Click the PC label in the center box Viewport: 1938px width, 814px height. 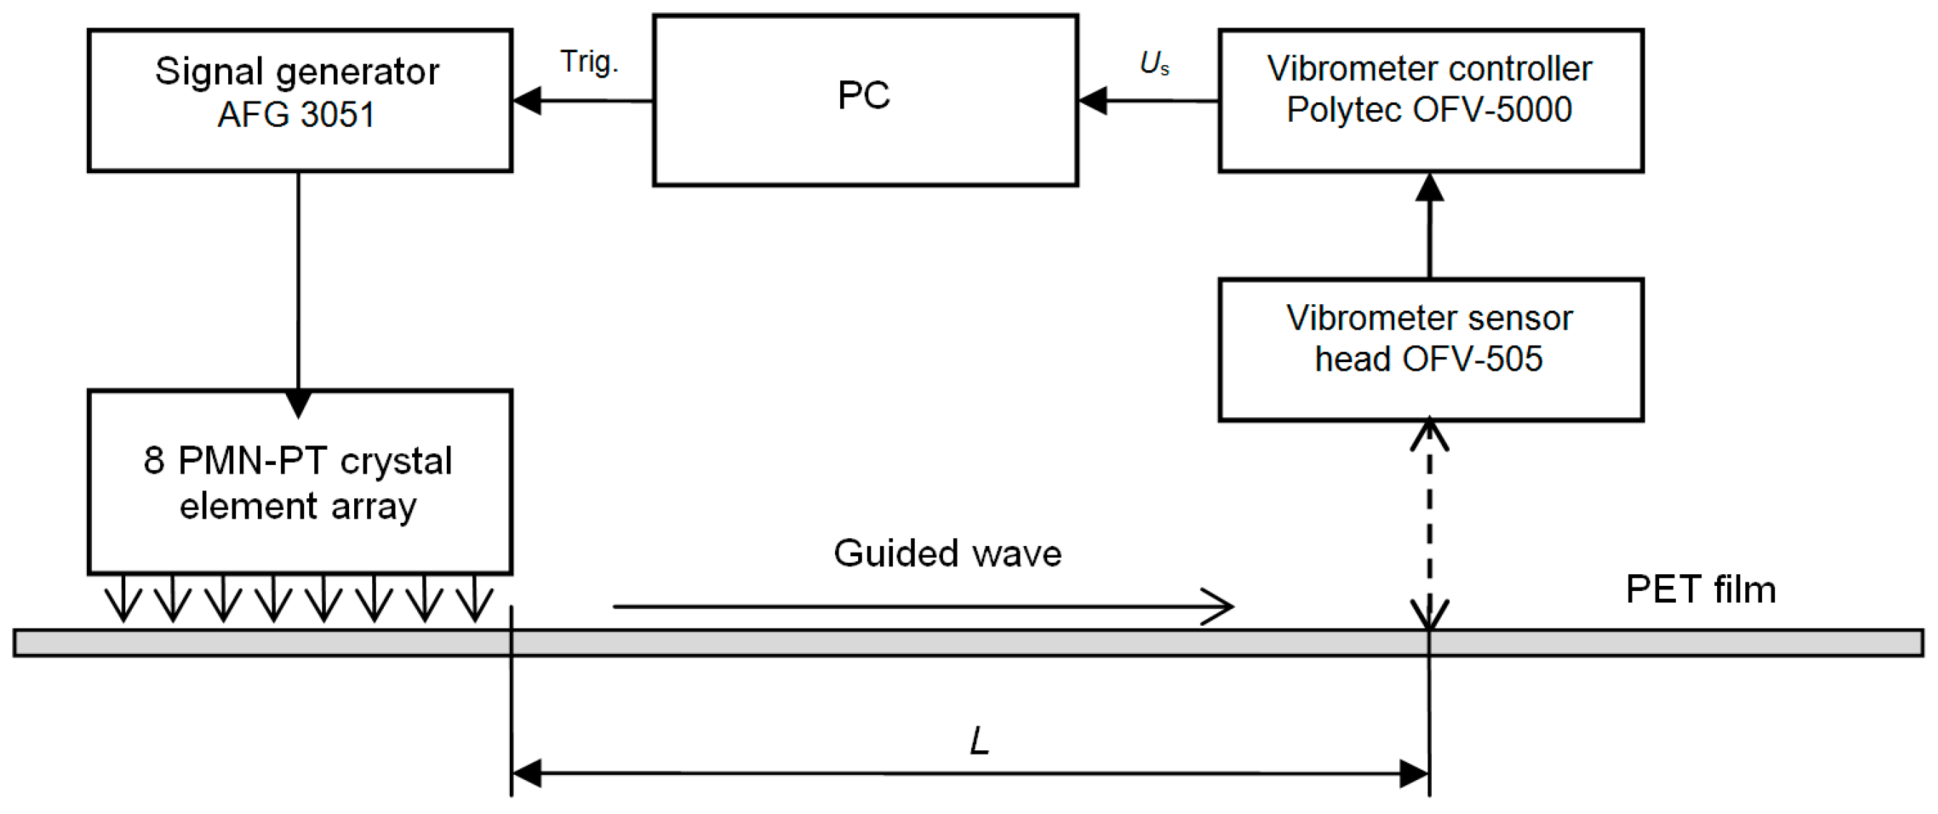click(x=864, y=96)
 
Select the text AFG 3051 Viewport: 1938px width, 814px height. click(x=296, y=115)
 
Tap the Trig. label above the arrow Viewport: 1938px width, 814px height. click(x=589, y=62)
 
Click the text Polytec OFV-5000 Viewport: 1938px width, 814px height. click(x=1429, y=110)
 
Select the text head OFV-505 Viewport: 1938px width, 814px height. click(x=1429, y=359)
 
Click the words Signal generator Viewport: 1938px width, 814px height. click(x=297, y=72)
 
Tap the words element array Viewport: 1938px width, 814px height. click(x=298, y=506)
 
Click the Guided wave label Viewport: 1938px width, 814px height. click(x=947, y=554)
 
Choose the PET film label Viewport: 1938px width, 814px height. click(x=1700, y=589)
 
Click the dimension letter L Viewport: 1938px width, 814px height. click(x=979, y=742)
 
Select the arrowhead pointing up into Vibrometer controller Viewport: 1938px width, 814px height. click(x=1430, y=188)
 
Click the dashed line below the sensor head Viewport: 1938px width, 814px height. click(x=1430, y=526)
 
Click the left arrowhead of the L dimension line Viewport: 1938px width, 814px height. click(x=527, y=773)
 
